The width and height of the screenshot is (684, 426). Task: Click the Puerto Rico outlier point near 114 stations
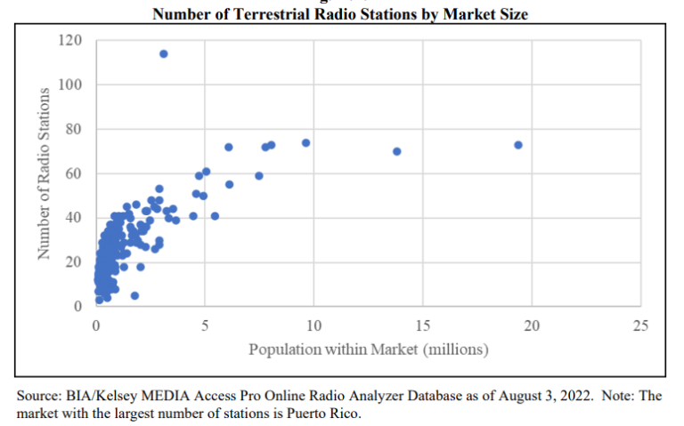(x=164, y=53)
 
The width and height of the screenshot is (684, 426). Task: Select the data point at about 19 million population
(x=518, y=145)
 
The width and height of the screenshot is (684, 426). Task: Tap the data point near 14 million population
(x=397, y=151)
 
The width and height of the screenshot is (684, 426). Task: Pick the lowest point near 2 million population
(x=134, y=295)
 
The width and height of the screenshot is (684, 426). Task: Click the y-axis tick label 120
(x=71, y=41)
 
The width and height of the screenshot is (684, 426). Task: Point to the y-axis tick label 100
(x=71, y=85)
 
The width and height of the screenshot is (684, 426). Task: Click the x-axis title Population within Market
(x=368, y=350)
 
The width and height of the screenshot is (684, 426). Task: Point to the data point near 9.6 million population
(x=305, y=143)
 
